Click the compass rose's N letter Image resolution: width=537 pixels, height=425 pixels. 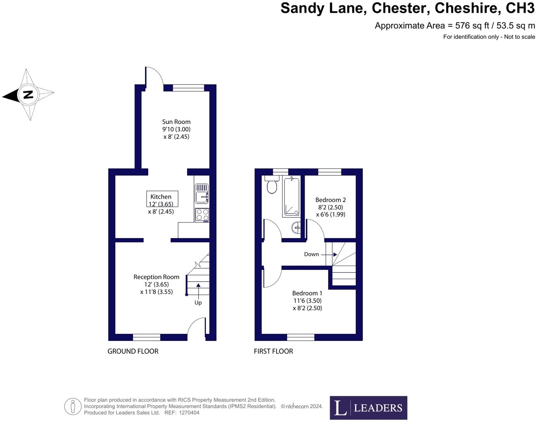point(28,94)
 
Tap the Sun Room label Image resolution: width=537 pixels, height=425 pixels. point(176,122)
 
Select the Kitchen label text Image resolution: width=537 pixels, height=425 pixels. point(161,197)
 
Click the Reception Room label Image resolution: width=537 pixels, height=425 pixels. point(156,277)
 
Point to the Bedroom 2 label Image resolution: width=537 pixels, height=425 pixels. point(330,200)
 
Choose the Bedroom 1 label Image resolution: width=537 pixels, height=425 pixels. point(307,293)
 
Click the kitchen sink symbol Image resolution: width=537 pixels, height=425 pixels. point(202,193)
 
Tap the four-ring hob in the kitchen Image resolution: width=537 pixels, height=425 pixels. point(202,214)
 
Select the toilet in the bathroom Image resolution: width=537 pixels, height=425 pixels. point(272,185)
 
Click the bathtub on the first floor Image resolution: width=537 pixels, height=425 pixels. point(291,197)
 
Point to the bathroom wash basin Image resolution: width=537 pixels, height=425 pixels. point(296,227)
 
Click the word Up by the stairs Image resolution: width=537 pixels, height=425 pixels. point(198,302)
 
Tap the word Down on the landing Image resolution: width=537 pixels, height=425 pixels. point(311,254)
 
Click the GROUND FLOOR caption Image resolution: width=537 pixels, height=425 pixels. point(133,351)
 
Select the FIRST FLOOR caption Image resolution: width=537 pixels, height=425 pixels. point(273,351)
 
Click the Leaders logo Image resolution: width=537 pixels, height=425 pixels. point(368,408)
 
